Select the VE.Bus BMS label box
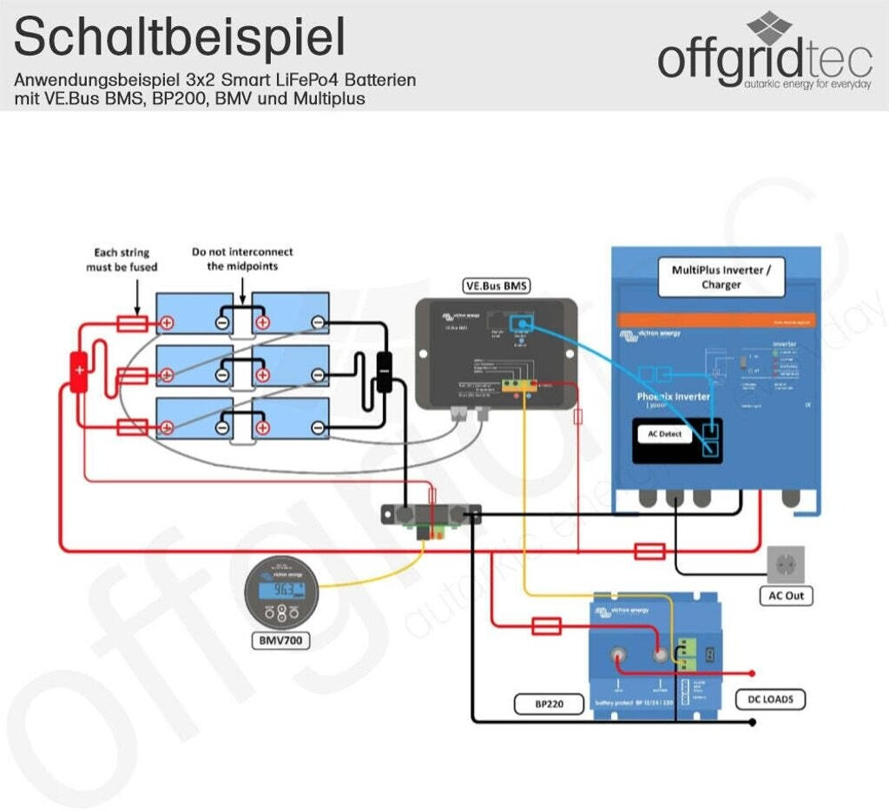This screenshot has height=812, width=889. (496, 285)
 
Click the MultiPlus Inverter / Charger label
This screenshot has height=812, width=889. (721, 277)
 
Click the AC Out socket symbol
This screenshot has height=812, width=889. (786, 564)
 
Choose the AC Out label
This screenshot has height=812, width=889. (786, 596)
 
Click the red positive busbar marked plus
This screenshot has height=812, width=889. (79, 371)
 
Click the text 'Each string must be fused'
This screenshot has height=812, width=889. (122, 259)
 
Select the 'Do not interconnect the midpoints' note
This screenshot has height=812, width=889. (242, 259)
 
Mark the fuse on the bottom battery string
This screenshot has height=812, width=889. (132, 427)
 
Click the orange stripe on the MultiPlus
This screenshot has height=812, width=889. (716, 320)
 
